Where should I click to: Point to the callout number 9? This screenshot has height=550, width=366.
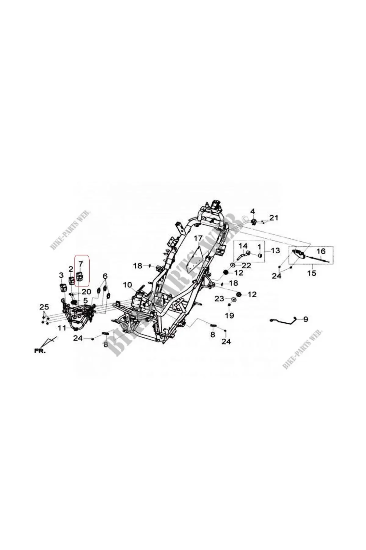(x=305, y=319)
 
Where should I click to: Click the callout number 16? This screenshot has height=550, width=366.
(x=321, y=251)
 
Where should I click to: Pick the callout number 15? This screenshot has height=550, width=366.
(x=312, y=273)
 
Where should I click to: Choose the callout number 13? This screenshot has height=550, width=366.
(x=275, y=251)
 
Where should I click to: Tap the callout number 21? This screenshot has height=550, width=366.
(x=274, y=218)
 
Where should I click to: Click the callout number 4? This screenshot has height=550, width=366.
(x=253, y=211)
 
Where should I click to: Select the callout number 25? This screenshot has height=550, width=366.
(x=44, y=306)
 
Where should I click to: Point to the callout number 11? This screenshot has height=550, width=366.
(x=62, y=328)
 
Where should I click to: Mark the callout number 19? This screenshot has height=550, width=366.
(x=229, y=315)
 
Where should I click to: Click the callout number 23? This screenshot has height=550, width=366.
(x=219, y=299)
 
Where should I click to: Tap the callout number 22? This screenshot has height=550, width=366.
(x=246, y=266)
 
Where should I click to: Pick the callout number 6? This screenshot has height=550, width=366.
(x=105, y=276)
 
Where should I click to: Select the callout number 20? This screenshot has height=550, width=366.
(x=87, y=292)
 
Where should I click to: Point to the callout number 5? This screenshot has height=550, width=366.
(x=86, y=300)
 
